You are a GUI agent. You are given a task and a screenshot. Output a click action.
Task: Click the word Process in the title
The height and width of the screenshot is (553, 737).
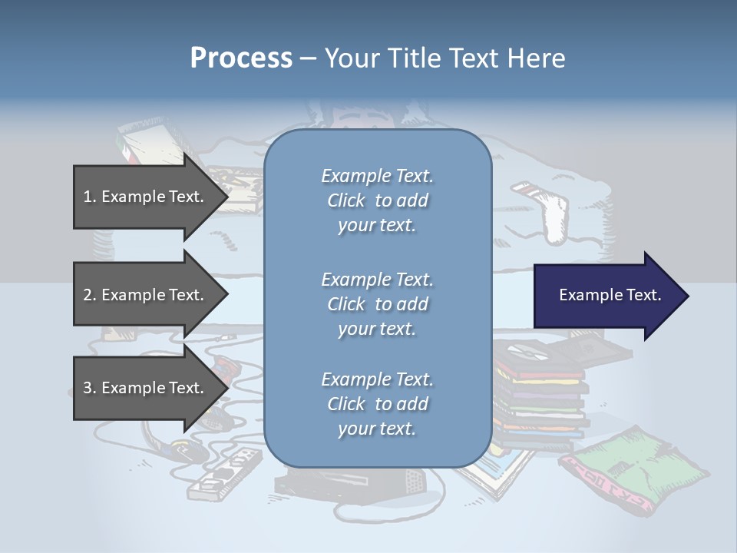[241, 58]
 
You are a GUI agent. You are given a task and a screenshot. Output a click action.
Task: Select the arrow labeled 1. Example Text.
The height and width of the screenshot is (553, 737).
[146, 197]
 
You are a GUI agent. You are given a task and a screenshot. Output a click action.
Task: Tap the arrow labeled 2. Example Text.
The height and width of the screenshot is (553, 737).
[146, 295]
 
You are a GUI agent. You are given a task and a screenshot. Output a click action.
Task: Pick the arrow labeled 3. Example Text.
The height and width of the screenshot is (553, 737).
[146, 388]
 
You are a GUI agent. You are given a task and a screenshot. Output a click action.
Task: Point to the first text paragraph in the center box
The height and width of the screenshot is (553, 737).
[377, 200]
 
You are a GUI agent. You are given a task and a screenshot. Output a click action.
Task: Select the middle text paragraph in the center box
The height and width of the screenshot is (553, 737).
[377, 304]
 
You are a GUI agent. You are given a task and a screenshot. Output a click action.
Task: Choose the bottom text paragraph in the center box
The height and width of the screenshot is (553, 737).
[377, 404]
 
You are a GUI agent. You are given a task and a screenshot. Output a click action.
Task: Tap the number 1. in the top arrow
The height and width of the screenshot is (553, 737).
[90, 197]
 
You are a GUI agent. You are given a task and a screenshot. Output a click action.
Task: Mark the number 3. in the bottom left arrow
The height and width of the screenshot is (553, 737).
[90, 388]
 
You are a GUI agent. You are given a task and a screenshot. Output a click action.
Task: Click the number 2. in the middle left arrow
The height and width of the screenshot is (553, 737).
[90, 295]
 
